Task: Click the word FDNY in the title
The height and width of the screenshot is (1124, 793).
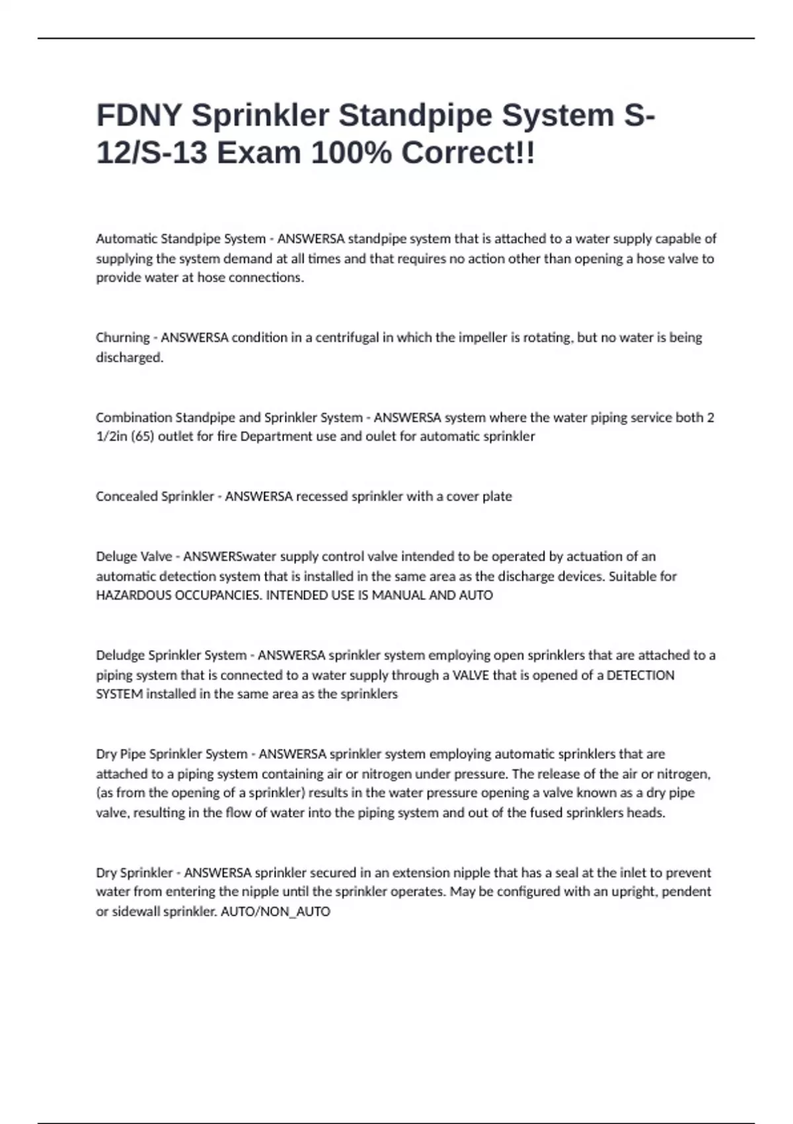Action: pyautogui.click(x=139, y=115)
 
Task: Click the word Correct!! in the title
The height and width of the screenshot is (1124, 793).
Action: pyautogui.click(x=469, y=153)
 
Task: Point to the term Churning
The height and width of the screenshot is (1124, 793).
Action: pyautogui.click(x=123, y=337)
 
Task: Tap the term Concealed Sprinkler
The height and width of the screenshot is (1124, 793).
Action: pyautogui.click(x=155, y=496)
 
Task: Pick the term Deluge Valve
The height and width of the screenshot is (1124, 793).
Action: pyautogui.click(x=134, y=556)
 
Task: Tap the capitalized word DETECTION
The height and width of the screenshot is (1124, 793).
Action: pyautogui.click(x=640, y=675)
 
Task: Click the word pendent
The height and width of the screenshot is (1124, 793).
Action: pyautogui.click(x=689, y=891)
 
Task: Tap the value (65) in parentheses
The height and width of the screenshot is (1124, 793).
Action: pyautogui.click(x=142, y=436)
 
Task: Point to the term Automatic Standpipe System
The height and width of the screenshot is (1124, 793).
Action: pyautogui.click(x=180, y=239)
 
